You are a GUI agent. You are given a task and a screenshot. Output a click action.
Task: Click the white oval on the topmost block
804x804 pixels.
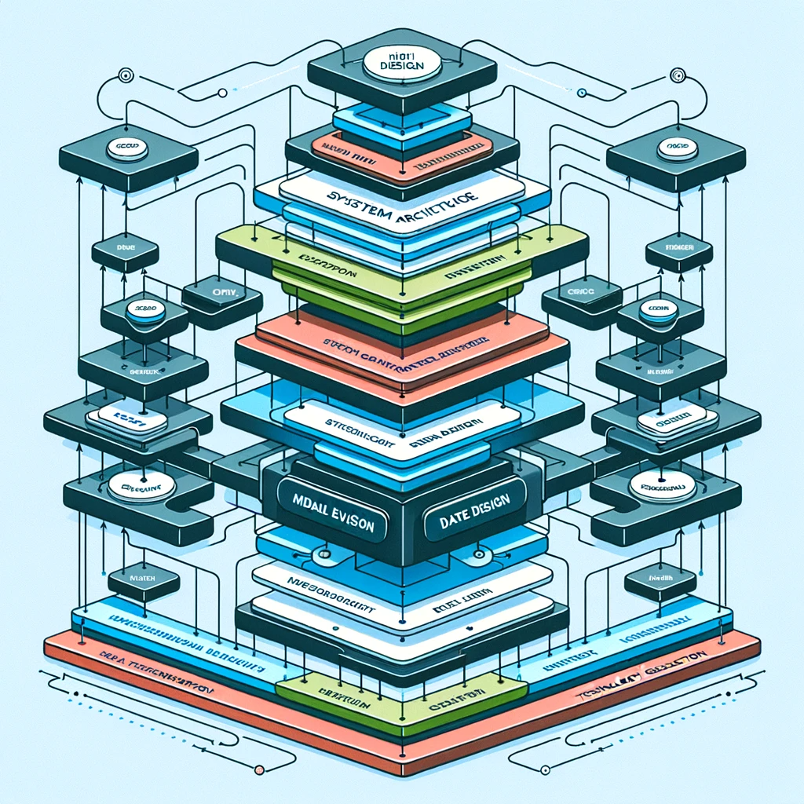coord(401,64)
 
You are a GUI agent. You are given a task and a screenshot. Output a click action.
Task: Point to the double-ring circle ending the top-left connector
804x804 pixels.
coord(124,76)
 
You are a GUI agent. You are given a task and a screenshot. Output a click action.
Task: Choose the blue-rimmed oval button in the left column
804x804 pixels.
coord(145,310)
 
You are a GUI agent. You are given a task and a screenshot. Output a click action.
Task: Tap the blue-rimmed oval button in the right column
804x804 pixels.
coord(658,311)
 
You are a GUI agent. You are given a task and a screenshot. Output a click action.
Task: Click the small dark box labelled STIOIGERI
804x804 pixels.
coord(678,250)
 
